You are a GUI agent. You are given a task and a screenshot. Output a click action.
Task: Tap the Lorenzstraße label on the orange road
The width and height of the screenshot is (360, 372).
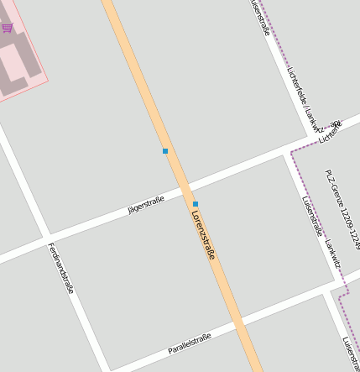[x=203, y=234]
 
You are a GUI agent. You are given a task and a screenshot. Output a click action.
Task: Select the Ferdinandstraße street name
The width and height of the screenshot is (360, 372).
[x=61, y=267]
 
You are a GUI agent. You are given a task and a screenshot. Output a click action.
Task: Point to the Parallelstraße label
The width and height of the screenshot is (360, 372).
[x=189, y=342]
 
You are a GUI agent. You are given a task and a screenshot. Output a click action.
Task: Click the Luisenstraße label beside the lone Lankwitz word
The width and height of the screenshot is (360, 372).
[x=311, y=217]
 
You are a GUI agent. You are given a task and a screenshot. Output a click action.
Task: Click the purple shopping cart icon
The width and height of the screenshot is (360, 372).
[x=8, y=28]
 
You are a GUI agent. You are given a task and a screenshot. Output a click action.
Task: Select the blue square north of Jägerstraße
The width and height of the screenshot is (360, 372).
[x=165, y=151]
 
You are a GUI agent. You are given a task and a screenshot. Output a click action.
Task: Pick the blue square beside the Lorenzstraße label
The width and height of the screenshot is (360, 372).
[x=196, y=204]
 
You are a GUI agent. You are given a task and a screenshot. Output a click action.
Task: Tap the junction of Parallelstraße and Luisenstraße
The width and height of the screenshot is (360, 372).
[x=327, y=290]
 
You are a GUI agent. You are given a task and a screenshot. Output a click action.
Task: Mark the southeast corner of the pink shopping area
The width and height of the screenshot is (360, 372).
[x=47, y=81]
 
